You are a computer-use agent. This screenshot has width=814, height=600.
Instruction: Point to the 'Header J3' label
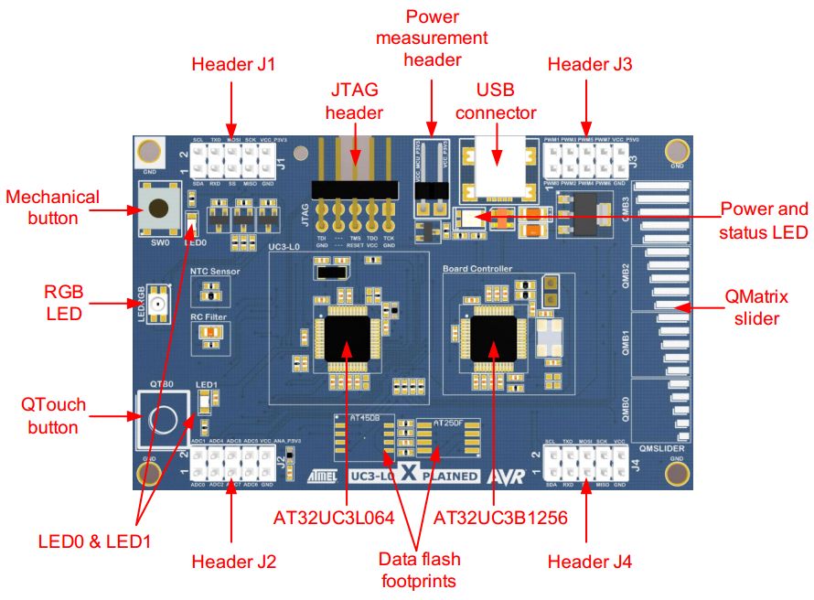point(589,64)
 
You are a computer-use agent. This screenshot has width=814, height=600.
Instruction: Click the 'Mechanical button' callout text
point(52,207)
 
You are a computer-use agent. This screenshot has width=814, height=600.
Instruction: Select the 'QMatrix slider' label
point(755,307)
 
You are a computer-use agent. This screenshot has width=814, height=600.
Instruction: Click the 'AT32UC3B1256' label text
point(500,517)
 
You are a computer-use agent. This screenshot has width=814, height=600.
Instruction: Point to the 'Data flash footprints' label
point(421,570)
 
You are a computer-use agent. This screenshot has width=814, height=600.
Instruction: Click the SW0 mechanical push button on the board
point(158,207)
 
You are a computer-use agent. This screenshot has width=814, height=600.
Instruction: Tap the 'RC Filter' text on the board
point(207,316)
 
